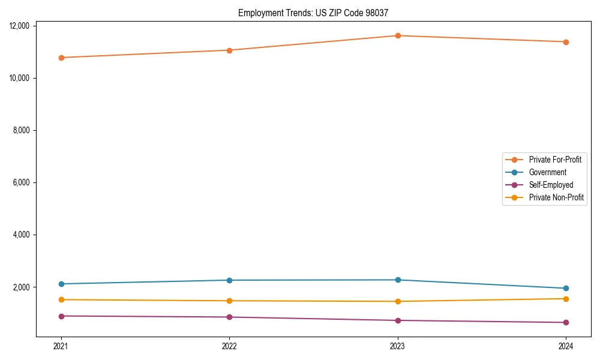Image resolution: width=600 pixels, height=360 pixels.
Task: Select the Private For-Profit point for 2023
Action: tap(398, 35)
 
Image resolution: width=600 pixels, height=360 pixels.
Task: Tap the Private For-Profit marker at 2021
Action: tap(61, 58)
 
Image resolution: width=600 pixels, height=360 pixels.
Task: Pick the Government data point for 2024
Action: tap(566, 288)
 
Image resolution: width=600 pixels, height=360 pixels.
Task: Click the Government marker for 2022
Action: tap(229, 280)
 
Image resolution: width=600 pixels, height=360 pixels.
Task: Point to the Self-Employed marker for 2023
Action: tap(398, 320)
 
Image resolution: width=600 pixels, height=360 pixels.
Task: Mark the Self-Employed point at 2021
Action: tap(61, 316)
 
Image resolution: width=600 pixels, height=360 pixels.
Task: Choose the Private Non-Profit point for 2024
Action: tap(566, 299)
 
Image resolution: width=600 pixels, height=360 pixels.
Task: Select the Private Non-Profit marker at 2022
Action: tap(229, 301)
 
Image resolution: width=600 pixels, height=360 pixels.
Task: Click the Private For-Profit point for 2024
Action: tap(566, 42)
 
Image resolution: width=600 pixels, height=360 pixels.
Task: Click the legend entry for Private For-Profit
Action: tap(554, 160)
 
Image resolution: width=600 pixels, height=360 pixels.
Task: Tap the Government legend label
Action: tap(547, 172)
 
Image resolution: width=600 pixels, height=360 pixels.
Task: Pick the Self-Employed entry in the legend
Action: tap(551, 185)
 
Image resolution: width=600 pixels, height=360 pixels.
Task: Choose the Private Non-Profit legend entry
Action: tap(556, 197)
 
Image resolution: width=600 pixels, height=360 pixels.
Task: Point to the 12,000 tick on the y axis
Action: tap(21, 26)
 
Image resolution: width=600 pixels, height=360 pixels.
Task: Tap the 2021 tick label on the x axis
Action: tap(61, 346)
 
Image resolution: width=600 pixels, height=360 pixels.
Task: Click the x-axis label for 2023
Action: tap(398, 346)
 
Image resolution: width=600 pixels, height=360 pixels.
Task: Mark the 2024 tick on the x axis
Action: tap(566, 346)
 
